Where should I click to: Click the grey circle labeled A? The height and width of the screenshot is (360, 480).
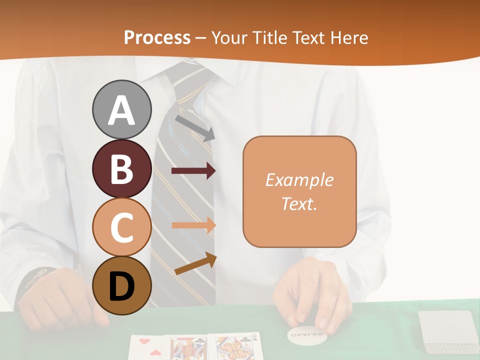point(121,109)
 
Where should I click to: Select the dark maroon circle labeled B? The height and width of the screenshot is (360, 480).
point(121,168)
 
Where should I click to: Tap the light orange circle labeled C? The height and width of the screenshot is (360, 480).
point(121,227)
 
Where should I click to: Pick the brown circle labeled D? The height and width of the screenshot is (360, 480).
point(121,285)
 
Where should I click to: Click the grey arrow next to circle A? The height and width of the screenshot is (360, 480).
point(195,127)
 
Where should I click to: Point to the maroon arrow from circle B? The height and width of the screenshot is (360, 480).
point(193,171)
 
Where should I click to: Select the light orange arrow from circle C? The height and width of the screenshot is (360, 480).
point(193,225)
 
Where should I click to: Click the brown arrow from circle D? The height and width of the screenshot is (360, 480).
point(195,264)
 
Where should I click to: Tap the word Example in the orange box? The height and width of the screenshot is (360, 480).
point(299,179)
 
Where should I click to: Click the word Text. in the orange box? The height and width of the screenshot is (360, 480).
point(299,203)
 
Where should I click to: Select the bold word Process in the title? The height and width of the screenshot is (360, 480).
point(157,37)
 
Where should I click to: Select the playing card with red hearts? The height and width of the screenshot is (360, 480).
point(147,347)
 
